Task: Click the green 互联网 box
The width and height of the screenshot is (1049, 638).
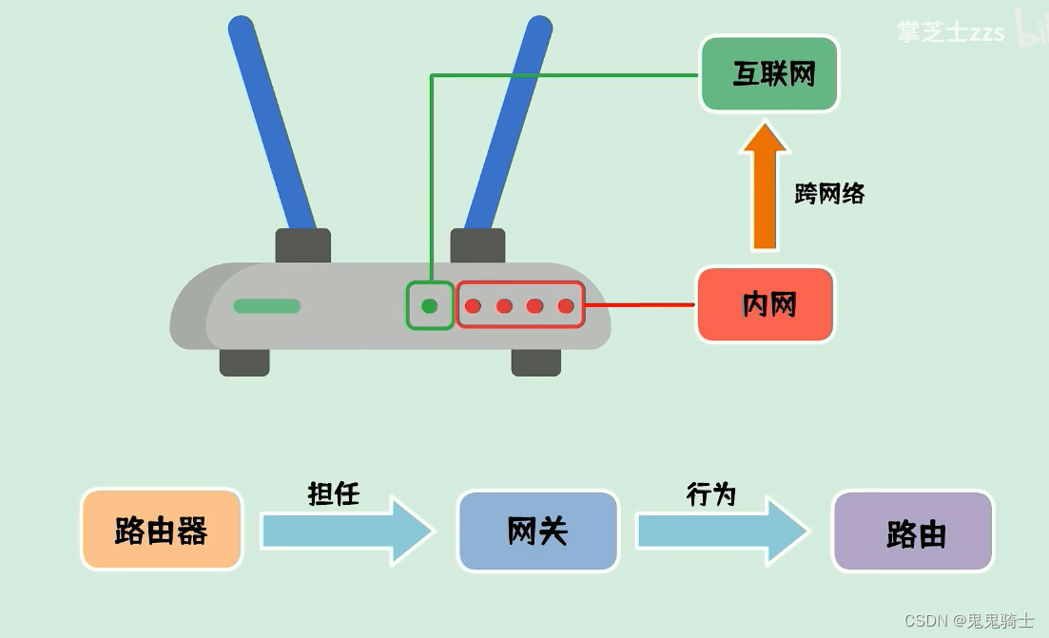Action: (x=770, y=74)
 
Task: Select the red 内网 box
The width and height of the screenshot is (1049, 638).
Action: (x=766, y=305)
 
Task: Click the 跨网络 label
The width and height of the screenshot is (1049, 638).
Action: (x=829, y=194)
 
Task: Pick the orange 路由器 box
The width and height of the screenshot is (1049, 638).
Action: (x=162, y=531)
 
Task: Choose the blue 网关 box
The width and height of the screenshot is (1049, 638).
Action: (x=537, y=531)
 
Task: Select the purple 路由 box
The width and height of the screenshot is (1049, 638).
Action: (x=914, y=532)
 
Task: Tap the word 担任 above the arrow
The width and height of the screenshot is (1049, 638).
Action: (x=334, y=494)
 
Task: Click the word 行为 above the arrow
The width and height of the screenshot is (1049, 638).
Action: (x=711, y=494)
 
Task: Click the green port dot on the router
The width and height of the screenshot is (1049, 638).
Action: (x=430, y=306)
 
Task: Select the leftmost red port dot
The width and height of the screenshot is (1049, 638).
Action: (x=474, y=306)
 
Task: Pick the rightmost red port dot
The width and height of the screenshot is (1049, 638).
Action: (x=566, y=306)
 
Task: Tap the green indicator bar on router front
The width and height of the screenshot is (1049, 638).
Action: (x=267, y=306)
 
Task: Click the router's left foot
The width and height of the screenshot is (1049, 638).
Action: (x=244, y=361)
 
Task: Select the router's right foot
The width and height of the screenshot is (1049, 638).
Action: (x=535, y=361)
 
